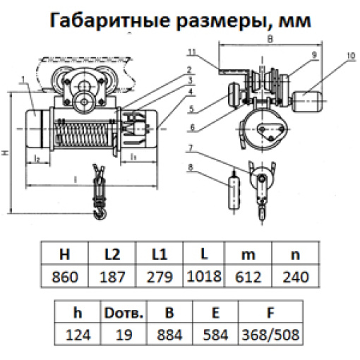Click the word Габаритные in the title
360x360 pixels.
(110, 20)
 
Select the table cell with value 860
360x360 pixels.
(65, 276)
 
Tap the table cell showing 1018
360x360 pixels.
(204, 276)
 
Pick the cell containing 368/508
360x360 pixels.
(270, 335)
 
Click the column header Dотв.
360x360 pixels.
(124, 313)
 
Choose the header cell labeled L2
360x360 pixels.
(112, 254)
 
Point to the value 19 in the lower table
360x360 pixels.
(124, 335)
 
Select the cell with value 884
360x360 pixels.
(169, 335)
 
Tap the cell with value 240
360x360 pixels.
(296, 276)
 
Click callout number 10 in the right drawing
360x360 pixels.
(351, 56)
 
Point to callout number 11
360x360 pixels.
(192, 52)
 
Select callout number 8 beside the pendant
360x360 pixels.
(191, 167)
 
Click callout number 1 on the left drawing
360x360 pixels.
(23, 80)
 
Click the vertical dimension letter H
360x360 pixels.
(6, 152)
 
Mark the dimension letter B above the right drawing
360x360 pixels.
(270, 39)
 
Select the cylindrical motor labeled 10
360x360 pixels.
(307, 102)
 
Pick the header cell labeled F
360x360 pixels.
(270, 313)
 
